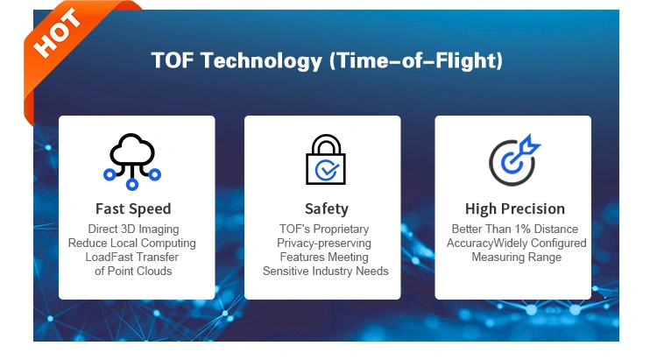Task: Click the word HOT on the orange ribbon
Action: tap(57, 32)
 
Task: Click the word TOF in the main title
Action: tap(173, 60)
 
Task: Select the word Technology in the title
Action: tap(261, 61)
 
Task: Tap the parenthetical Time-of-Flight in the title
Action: tap(416, 61)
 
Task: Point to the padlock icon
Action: tap(326, 159)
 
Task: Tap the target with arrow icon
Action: tap(514, 160)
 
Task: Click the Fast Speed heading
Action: tap(133, 208)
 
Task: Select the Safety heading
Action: tap(327, 209)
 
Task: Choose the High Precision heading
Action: tap(515, 208)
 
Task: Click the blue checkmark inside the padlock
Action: tap(328, 169)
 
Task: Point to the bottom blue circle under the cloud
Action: tap(132, 184)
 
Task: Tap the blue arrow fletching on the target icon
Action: tap(530, 145)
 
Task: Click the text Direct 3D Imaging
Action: tap(133, 229)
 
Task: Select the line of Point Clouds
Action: tap(133, 272)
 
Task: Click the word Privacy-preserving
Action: tap(324, 244)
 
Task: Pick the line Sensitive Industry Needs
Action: tap(326, 272)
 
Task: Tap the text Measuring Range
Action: tap(516, 258)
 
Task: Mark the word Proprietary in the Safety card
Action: tap(341, 229)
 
